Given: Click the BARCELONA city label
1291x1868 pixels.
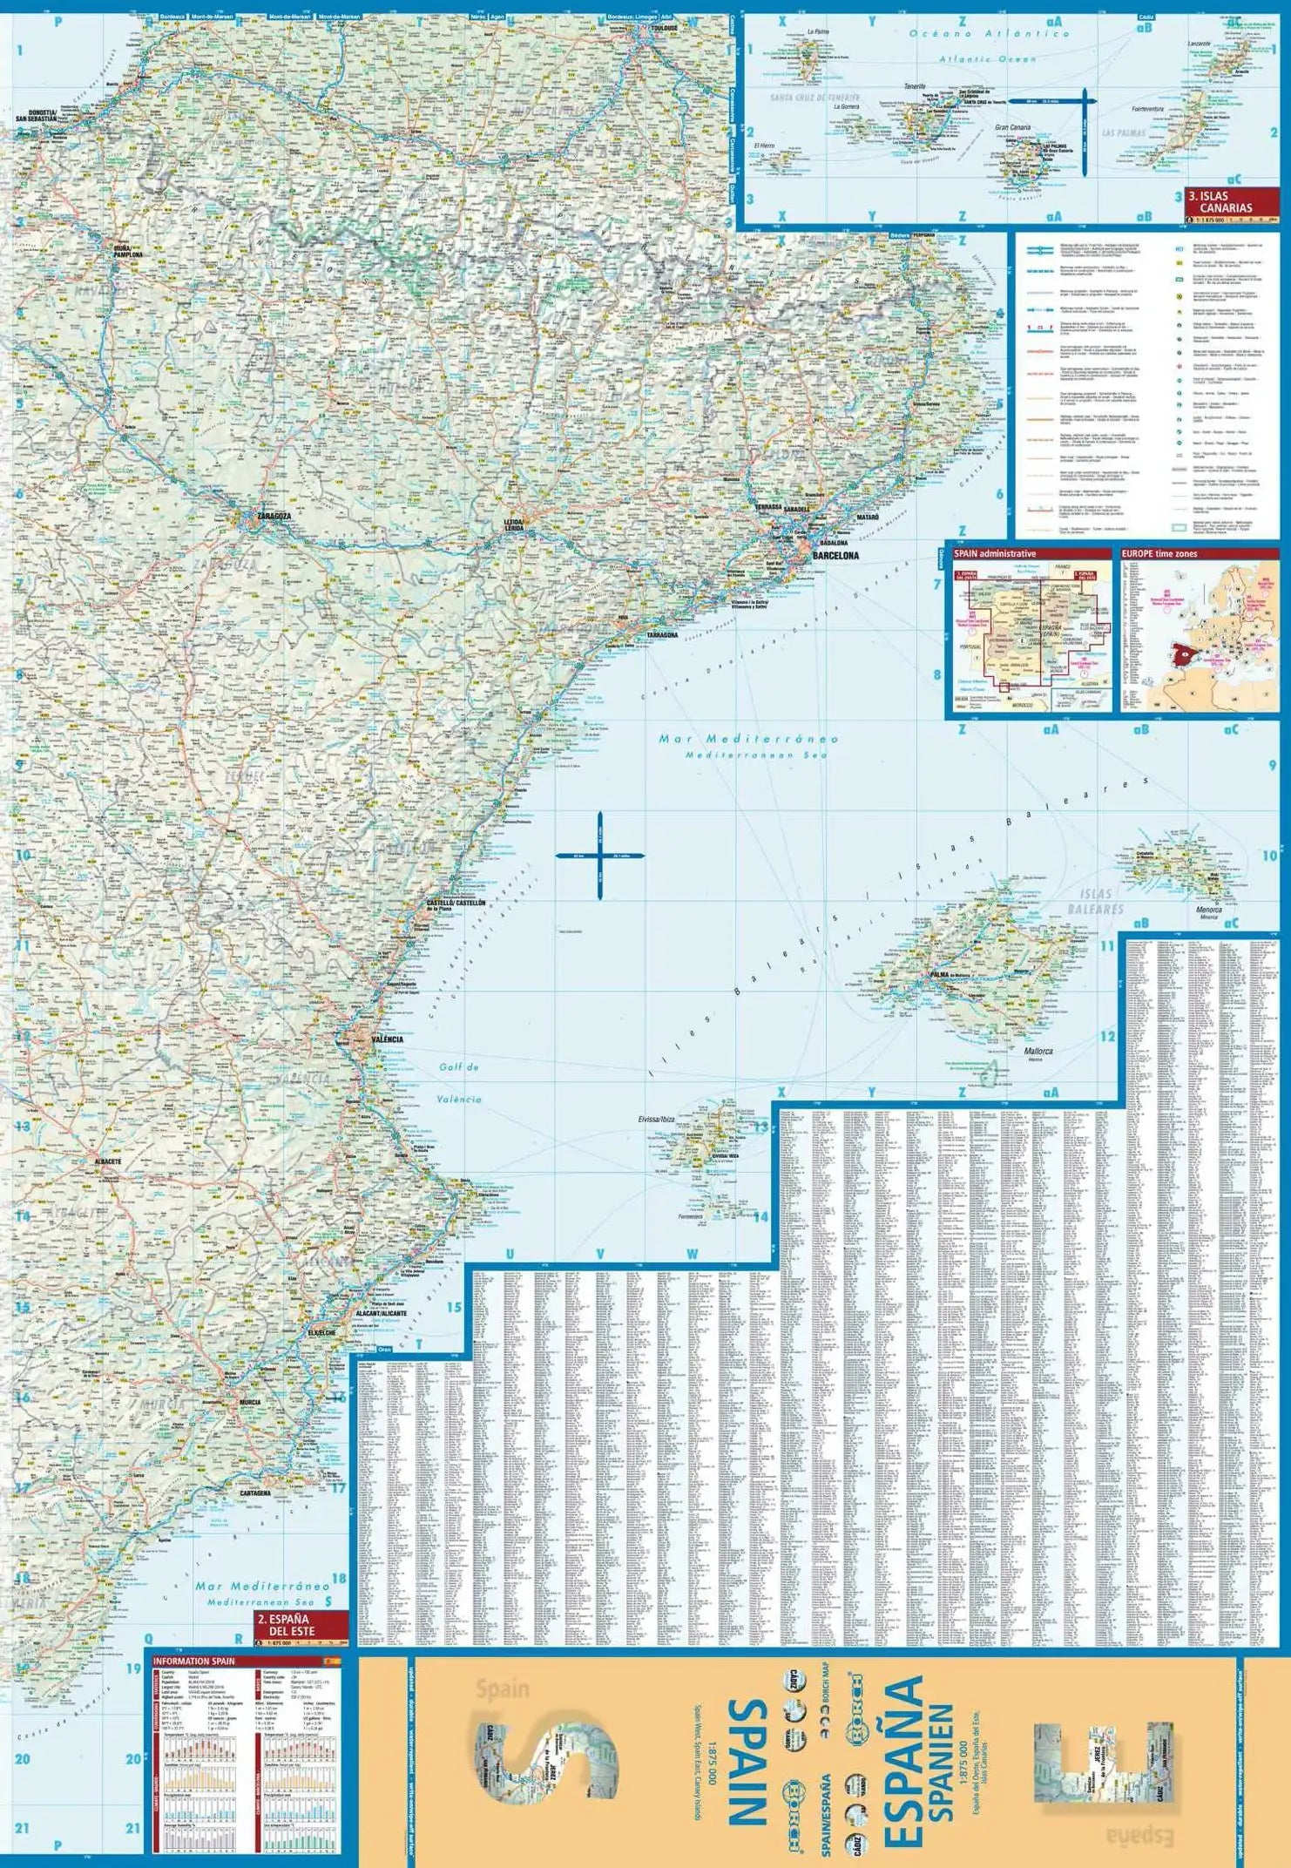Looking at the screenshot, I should click(835, 555).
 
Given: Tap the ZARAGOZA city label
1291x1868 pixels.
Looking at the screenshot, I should click(274, 516).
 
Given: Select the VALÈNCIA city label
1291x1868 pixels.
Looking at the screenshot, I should click(387, 1039).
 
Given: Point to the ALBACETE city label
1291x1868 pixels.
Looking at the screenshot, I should click(104, 1161).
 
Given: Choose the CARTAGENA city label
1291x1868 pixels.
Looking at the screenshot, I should click(255, 1492).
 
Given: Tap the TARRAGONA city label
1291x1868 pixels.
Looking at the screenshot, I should click(662, 635).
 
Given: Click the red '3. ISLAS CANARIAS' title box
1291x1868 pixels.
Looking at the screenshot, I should click(1231, 202).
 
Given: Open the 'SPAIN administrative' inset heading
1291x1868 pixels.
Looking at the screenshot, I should click(994, 553).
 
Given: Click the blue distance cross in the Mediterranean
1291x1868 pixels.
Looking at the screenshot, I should click(599, 856).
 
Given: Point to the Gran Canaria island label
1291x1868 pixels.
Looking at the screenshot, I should click(1013, 127).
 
